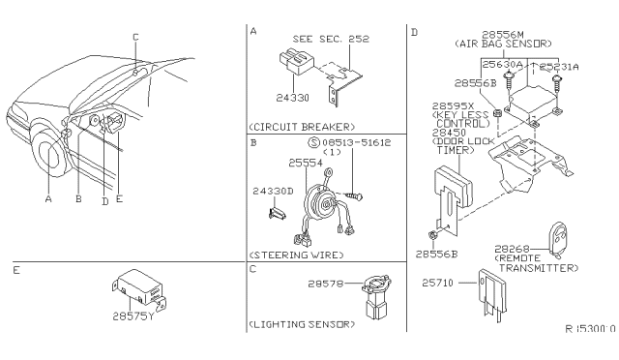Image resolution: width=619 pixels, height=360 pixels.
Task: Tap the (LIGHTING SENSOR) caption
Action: click(300, 324)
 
